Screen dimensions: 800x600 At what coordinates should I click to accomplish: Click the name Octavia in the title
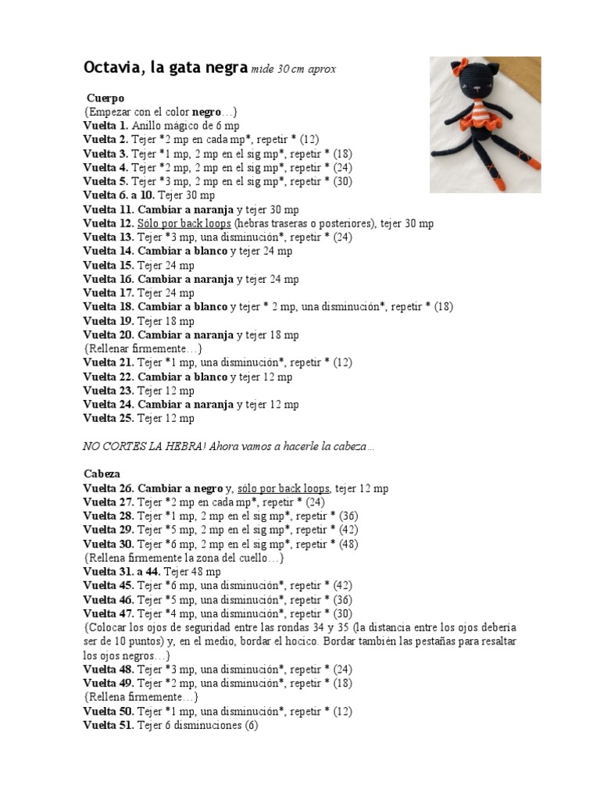coord(112,69)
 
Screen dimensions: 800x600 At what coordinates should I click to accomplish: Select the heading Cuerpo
coord(105,98)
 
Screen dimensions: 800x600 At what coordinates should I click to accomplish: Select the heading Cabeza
coord(102,474)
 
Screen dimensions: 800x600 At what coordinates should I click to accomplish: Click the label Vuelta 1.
coord(105,126)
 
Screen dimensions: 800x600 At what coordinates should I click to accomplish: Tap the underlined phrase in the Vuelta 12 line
coord(184,223)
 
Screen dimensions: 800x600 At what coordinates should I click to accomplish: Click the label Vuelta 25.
coord(109,419)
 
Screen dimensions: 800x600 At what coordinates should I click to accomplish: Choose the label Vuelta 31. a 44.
coord(120,572)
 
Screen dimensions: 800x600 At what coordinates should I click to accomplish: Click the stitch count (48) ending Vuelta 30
coord(348,544)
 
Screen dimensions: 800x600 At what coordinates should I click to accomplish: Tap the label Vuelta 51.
coord(109,726)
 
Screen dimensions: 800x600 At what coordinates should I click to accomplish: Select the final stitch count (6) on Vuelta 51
coord(250,726)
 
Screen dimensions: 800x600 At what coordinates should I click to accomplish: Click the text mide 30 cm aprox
coord(294,70)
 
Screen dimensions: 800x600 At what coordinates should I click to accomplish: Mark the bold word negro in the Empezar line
coord(207,112)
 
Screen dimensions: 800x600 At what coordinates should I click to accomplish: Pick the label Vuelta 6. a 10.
coord(119,195)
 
